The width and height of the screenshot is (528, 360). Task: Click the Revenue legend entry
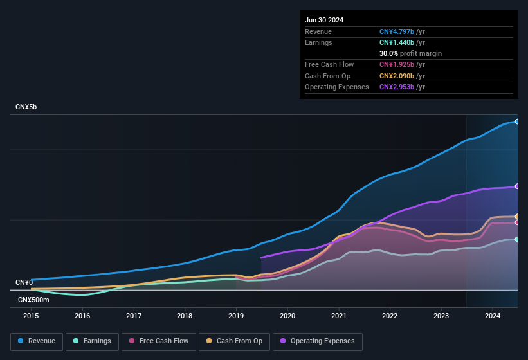click(37, 341)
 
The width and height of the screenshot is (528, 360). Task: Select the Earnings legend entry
click(92, 341)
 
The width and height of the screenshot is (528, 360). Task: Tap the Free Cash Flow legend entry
click(159, 341)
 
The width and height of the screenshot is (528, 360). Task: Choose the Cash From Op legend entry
click(234, 341)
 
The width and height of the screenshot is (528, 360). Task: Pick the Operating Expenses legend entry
click(317, 341)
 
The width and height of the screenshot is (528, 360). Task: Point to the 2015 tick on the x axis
click(31, 316)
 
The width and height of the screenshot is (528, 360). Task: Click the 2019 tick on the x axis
click(236, 316)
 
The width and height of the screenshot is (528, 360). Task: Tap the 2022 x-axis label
click(390, 316)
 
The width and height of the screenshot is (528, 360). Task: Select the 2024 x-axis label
click(493, 316)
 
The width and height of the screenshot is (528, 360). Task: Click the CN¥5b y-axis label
click(26, 107)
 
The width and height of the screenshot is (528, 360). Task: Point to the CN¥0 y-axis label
click(24, 282)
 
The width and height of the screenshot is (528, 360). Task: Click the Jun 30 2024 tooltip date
click(324, 20)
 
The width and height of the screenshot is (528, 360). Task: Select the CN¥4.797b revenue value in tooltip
click(397, 32)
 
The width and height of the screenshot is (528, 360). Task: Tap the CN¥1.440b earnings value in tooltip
click(397, 42)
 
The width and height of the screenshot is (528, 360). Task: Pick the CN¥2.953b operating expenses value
click(397, 87)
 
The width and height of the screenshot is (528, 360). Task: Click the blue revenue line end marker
click(517, 122)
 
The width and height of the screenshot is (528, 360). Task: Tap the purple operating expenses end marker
click(517, 186)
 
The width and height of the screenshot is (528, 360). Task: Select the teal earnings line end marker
click(517, 239)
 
